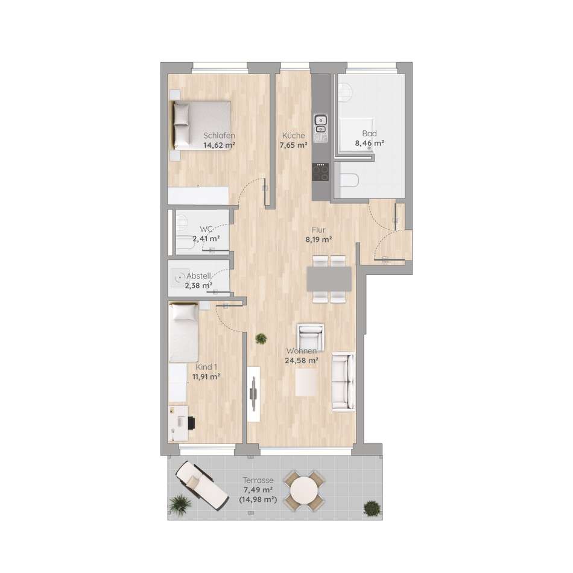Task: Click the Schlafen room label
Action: tap(220, 136)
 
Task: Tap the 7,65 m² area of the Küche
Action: tap(294, 145)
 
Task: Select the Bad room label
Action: tap(370, 133)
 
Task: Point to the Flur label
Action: tap(318, 230)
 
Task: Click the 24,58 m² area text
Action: tap(302, 361)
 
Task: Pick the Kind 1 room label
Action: tap(206, 367)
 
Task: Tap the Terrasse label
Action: tap(258, 480)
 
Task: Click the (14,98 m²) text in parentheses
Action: tap(258, 499)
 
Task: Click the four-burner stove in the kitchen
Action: tap(320, 172)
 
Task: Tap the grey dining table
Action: tap(329, 279)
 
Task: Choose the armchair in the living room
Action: tap(311, 337)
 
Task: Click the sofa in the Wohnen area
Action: tap(343, 381)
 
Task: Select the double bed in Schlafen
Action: tap(201, 125)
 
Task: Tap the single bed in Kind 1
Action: tap(183, 332)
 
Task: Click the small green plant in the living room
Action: tap(261, 339)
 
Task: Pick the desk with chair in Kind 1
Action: tap(182, 423)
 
